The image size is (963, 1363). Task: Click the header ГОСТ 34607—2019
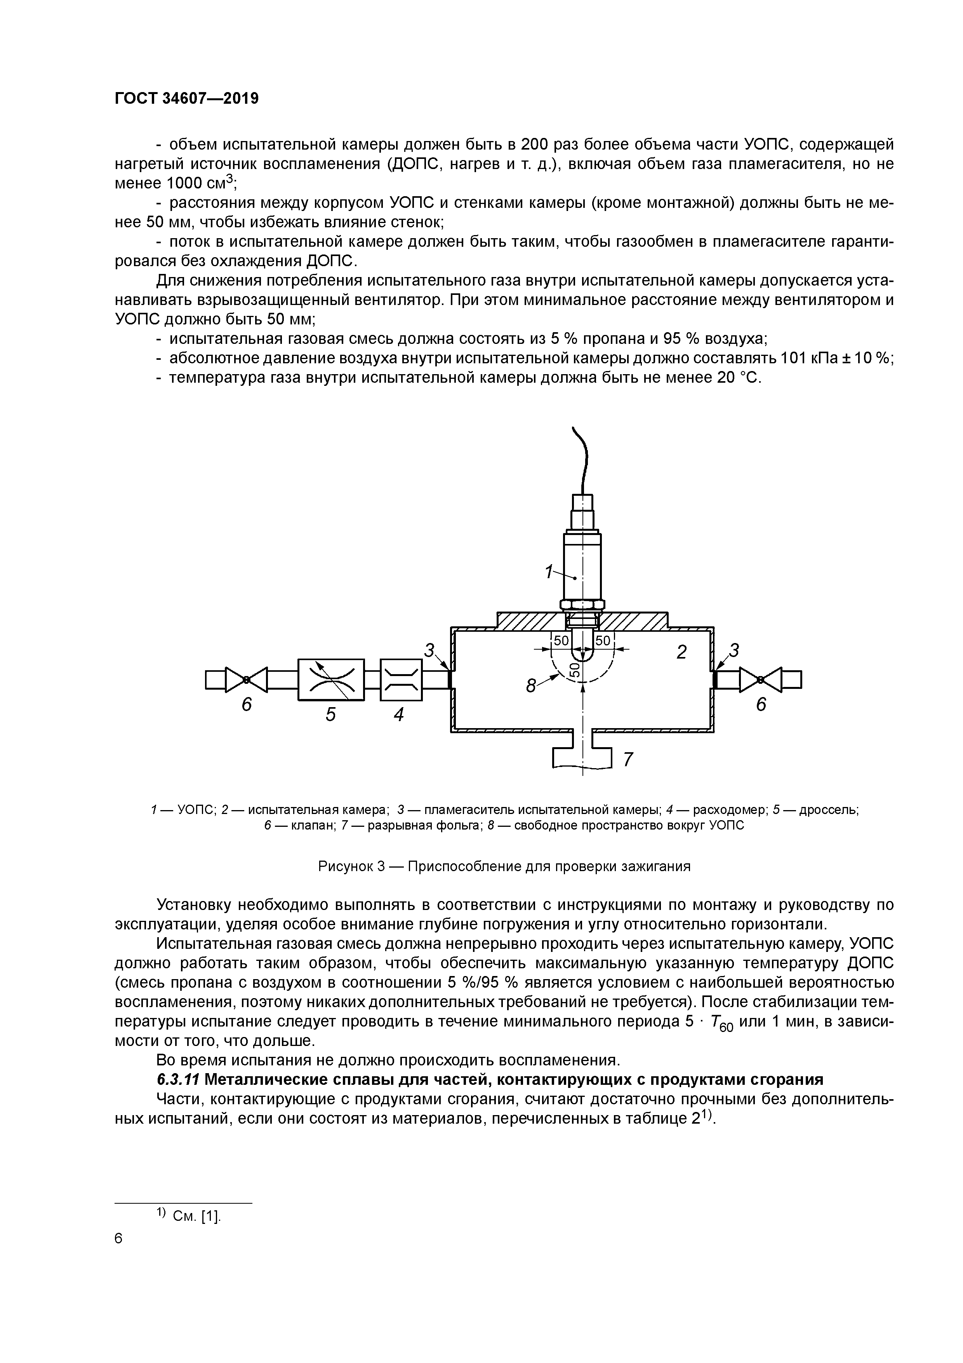coord(186,99)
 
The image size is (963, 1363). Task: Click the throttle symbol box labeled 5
coord(330,679)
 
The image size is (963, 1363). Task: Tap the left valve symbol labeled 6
coord(246,679)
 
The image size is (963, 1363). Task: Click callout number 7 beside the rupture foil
coord(628,759)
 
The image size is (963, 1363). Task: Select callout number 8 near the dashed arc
coord(532,686)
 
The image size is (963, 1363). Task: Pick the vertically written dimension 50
coord(574,669)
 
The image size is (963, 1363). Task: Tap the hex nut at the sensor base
coord(582,605)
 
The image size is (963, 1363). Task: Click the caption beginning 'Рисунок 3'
coord(504,866)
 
